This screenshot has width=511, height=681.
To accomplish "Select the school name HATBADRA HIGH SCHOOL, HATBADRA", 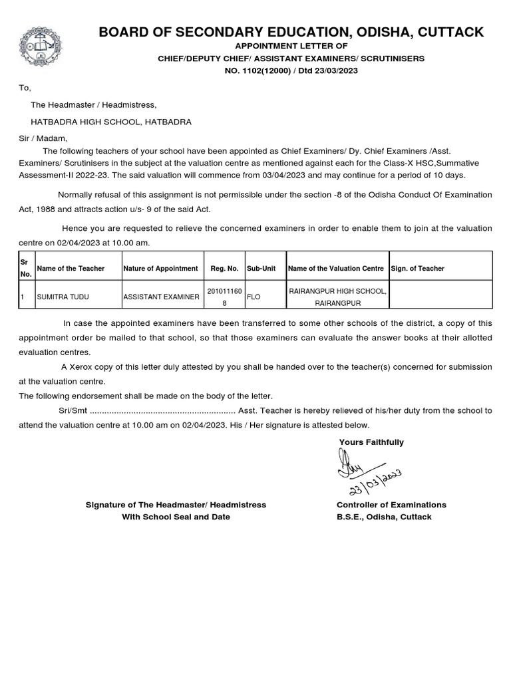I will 111,122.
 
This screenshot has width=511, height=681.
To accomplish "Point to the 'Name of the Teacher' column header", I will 71,269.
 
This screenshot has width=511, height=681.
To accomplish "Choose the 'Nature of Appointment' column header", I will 160,269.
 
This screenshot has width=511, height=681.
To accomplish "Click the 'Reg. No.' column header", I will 224,269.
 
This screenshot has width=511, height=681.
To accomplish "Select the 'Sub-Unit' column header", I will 261,269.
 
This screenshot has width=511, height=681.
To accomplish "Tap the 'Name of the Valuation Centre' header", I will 335,269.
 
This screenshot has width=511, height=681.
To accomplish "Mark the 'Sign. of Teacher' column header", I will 418,269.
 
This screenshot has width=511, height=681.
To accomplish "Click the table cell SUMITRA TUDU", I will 63,297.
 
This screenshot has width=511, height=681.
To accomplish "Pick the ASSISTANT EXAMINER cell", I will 162,297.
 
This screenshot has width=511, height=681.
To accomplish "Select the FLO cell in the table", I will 254,297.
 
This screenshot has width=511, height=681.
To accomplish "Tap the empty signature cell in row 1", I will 440,297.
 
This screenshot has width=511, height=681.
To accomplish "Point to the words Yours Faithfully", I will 371,442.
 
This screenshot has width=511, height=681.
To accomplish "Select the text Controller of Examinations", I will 391,505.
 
